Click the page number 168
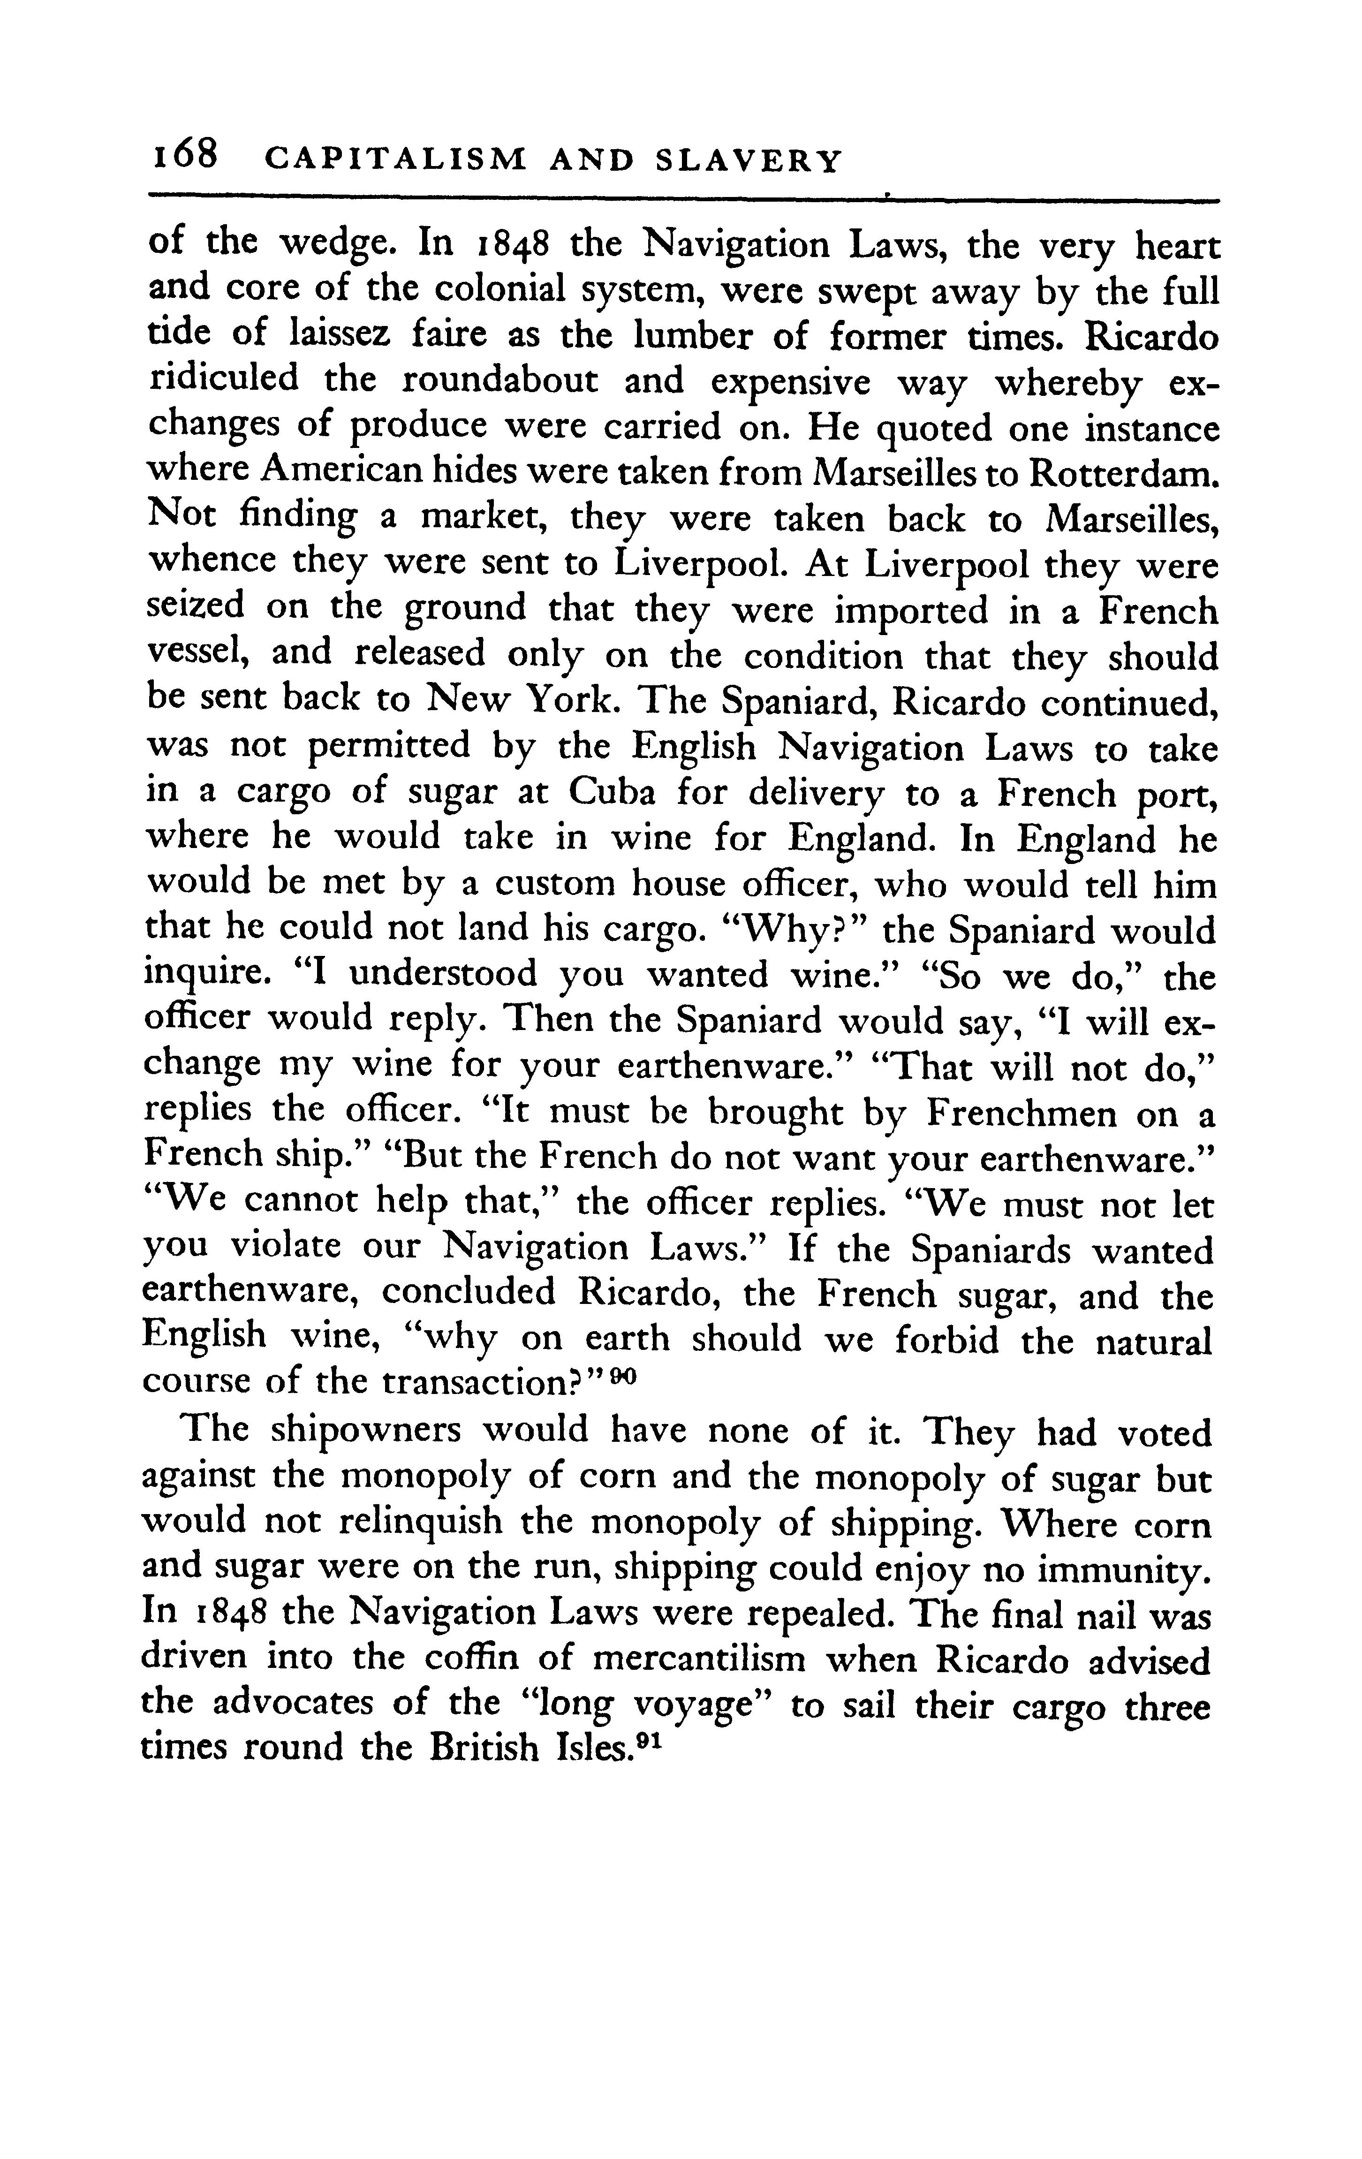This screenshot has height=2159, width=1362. pos(185,157)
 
